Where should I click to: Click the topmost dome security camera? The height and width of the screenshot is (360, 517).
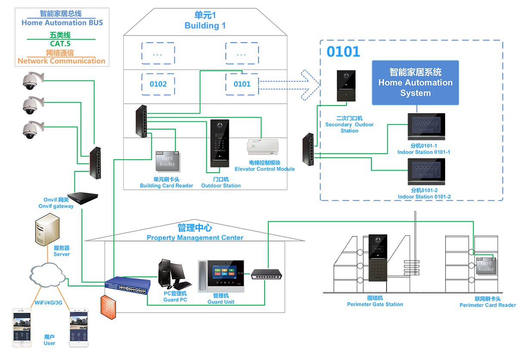(30, 81)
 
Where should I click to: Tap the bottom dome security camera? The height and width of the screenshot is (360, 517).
(30, 130)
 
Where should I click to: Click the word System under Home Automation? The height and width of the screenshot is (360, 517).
(415, 93)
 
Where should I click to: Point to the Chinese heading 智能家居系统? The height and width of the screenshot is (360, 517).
(415, 72)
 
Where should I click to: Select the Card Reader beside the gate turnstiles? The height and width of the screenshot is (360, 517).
(486, 266)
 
